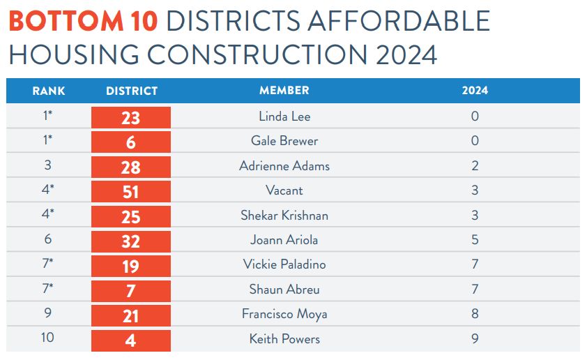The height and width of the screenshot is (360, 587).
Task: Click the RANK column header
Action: pyautogui.click(x=48, y=91)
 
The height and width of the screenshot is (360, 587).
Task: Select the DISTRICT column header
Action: pyautogui.click(x=132, y=91)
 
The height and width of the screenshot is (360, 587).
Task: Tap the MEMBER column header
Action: pyautogui.click(x=284, y=91)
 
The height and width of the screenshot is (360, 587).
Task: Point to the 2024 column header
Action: pyautogui.click(x=475, y=91)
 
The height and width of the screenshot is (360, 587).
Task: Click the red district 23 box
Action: pyautogui.click(x=131, y=117)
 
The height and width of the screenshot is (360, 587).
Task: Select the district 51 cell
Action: pyautogui.click(x=131, y=192)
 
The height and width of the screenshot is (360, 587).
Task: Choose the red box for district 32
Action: pyautogui.click(x=131, y=241)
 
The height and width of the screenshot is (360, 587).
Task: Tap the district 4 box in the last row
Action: pyautogui.click(x=131, y=340)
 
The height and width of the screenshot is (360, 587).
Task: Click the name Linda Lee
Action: pyautogui.click(x=284, y=117)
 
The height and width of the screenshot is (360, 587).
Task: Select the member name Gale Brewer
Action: pyautogui.click(x=284, y=141)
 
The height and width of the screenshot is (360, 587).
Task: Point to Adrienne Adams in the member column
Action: pyautogui.click(x=284, y=166)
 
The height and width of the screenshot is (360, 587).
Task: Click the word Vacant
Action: pyautogui.click(x=284, y=190)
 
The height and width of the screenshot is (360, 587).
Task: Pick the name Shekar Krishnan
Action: pyautogui.click(x=284, y=216)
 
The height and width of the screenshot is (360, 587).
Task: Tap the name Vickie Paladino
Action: pyautogui.click(x=284, y=264)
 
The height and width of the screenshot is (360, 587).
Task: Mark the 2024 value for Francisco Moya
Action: pyautogui.click(x=475, y=314)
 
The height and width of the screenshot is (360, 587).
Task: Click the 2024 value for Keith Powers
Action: pyautogui.click(x=475, y=339)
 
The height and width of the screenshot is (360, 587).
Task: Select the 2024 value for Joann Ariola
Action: pyautogui.click(x=475, y=240)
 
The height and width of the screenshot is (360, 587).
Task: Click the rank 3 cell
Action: pyautogui.click(x=48, y=166)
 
